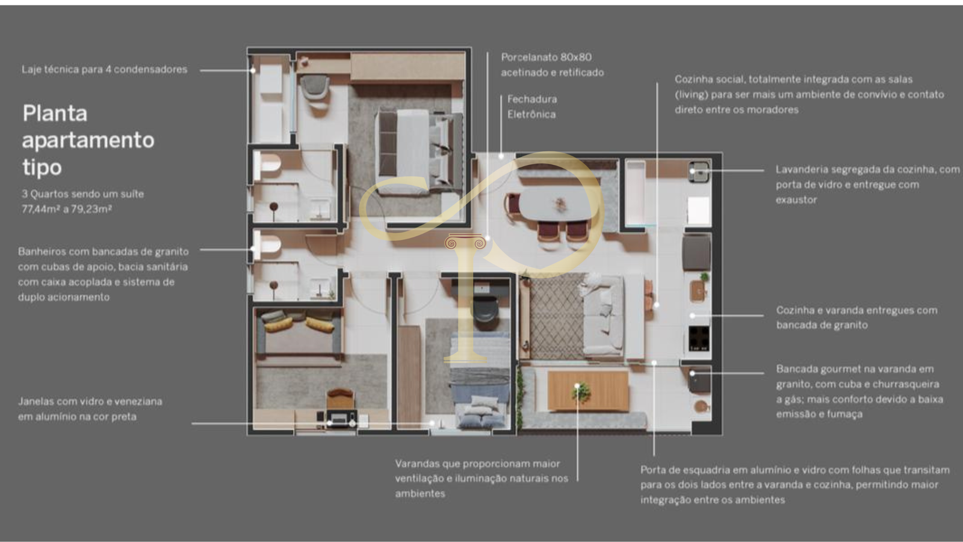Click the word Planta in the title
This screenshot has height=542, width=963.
pos(55,114)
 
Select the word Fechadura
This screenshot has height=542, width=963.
pos(532,99)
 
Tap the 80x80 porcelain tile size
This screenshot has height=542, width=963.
pos(576,57)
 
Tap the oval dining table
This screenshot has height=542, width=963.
pos(558,205)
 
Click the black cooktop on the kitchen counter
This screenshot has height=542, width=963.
pos(699,338)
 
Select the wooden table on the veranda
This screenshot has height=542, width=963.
pos(587,391)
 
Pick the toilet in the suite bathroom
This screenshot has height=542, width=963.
pos(268,163)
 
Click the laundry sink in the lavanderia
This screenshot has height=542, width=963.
pos(699,172)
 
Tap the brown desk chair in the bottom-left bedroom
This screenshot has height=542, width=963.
pos(341,398)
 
